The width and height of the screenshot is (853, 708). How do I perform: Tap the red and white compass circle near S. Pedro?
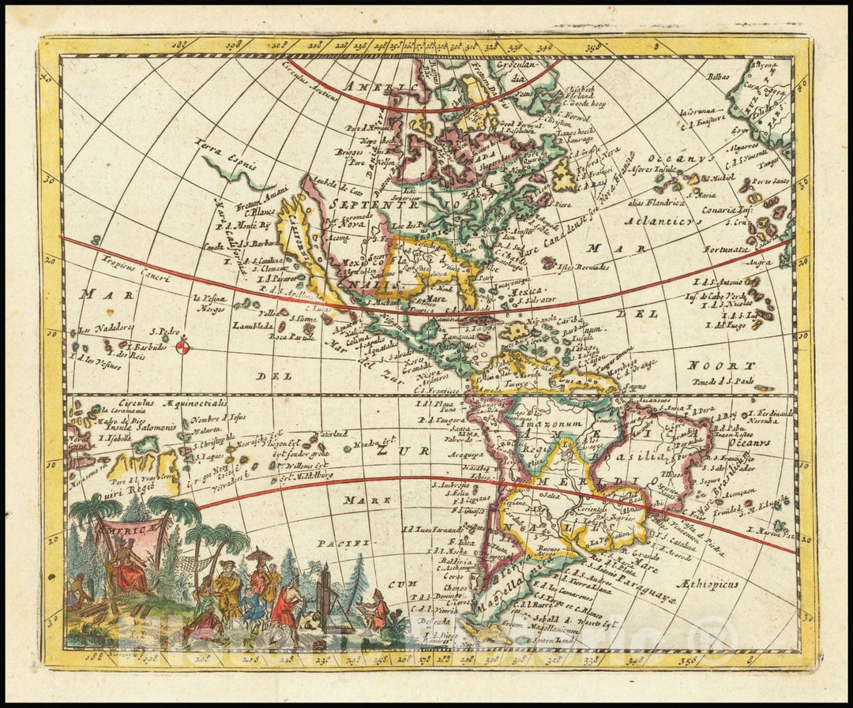click(182, 347)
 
